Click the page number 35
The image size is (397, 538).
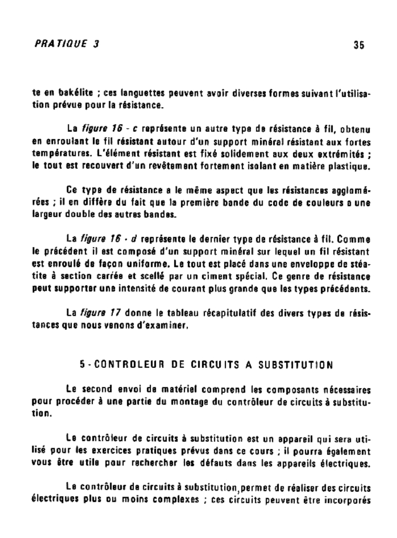point(359,45)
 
